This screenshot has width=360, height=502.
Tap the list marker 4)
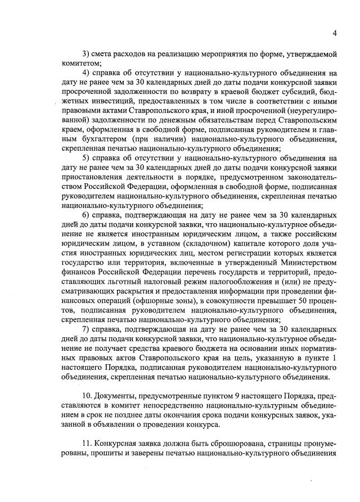tap(87, 73)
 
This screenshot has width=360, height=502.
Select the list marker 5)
tap(87, 159)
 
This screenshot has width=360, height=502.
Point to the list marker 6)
tap(87, 216)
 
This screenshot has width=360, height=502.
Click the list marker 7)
tap(87, 330)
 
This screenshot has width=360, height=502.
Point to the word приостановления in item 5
tap(89, 178)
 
